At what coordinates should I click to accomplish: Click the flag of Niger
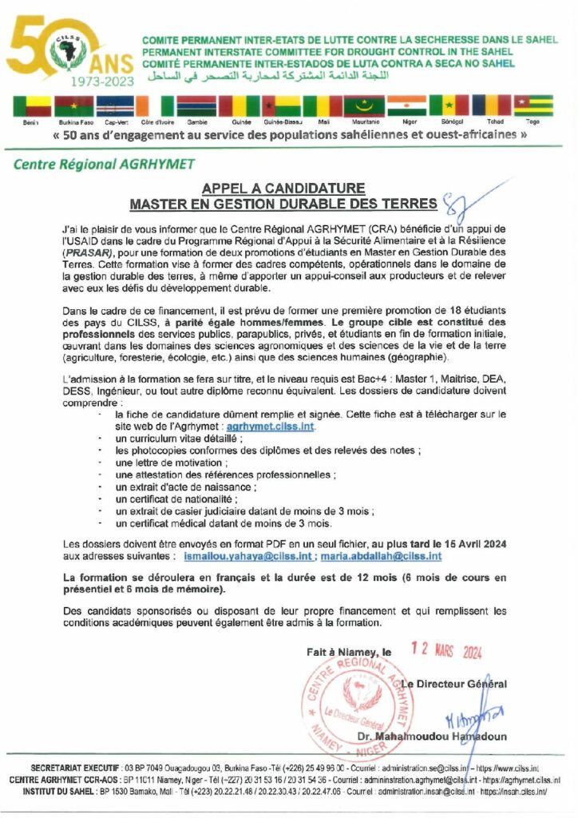click(x=406, y=106)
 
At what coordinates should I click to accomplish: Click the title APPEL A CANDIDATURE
click(x=283, y=189)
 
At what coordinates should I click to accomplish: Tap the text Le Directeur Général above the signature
click(x=453, y=684)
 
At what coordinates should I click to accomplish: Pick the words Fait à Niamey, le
click(x=349, y=652)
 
